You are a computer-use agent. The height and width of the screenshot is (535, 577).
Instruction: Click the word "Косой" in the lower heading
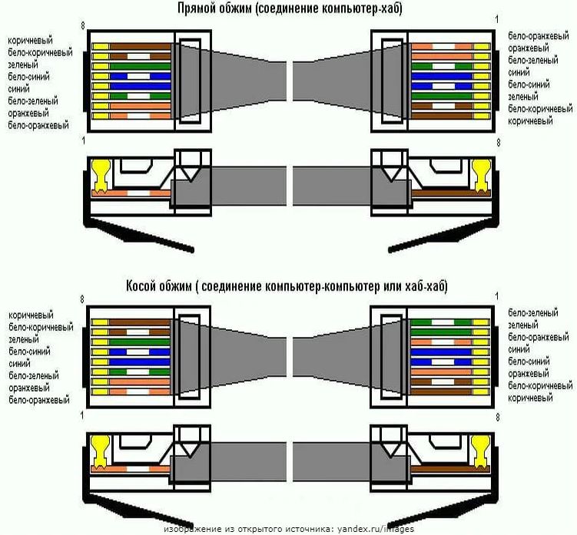point(141,286)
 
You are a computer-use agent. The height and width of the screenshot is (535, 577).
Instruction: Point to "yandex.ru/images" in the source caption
point(376,529)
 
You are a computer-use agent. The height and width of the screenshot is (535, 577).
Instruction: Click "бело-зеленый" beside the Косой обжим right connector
point(533,313)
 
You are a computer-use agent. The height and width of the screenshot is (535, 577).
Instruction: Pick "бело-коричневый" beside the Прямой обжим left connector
point(40,53)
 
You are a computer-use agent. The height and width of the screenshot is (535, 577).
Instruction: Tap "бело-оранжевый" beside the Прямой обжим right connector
point(539,36)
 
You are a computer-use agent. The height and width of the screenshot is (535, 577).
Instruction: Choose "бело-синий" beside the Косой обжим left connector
point(29,352)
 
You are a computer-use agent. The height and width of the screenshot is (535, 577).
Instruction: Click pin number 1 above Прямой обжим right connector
point(497,19)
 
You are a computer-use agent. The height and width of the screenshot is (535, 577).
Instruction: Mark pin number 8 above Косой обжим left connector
point(82,299)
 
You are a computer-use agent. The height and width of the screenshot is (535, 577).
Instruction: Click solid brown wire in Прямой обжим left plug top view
point(140,47)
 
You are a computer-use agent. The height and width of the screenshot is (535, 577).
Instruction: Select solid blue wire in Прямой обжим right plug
point(442,77)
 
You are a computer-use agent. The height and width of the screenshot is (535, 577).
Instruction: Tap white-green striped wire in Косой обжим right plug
point(441,322)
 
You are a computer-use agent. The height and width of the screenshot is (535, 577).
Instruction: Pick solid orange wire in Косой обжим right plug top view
point(441,372)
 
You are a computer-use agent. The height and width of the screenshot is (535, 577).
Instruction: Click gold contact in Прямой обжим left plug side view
point(101,176)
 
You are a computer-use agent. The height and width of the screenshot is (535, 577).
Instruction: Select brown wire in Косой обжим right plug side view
point(441,469)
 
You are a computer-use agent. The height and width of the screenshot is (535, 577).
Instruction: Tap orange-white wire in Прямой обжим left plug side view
point(131,193)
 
